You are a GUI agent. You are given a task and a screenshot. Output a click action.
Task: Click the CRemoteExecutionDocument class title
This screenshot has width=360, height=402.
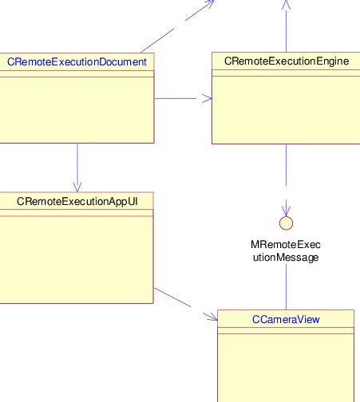[77, 61]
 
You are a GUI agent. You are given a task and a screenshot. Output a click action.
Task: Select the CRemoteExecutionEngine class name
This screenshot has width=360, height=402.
[287, 61]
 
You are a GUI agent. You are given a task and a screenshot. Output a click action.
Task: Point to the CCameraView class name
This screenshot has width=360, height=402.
[286, 319]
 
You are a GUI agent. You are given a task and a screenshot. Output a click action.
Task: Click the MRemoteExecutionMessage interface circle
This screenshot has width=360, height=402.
[286, 223]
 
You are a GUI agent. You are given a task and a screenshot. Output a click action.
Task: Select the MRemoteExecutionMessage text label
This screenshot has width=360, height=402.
[286, 250]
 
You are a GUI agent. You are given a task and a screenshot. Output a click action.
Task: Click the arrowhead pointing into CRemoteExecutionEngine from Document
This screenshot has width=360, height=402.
[208, 99]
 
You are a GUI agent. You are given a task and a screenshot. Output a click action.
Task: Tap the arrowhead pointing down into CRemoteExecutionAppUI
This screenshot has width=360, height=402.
[77, 186]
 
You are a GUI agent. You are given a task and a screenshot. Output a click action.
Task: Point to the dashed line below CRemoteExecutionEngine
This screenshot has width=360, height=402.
[286, 171]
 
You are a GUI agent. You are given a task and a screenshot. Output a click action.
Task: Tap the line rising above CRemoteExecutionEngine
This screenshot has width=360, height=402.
[286, 28]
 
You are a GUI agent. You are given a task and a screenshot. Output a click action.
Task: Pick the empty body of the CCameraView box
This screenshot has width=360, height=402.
[286, 367]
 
